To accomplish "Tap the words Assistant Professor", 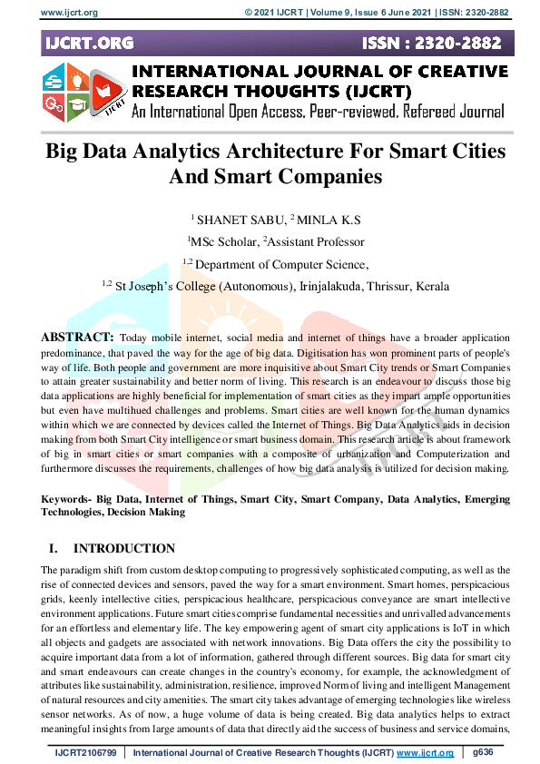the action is [x=317, y=242].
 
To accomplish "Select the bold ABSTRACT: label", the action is [x=76, y=337].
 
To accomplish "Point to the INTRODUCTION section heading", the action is [x=124, y=548].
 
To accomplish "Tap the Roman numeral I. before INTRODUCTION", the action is [x=51, y=548].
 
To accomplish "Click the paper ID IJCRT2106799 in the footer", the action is [x=85, y=753].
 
